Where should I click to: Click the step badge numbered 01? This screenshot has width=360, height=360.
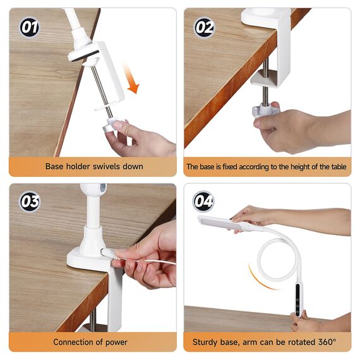(30, 27)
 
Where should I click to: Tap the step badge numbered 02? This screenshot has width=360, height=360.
(205, 28)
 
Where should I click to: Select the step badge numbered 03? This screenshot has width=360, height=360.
(30, 201)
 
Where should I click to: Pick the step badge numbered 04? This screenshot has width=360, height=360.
(203, 201)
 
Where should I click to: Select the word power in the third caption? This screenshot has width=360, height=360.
(116, 342)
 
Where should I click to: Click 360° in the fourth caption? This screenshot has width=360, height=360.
(327, 342)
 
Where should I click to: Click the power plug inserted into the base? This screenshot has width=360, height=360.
(109, 253)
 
